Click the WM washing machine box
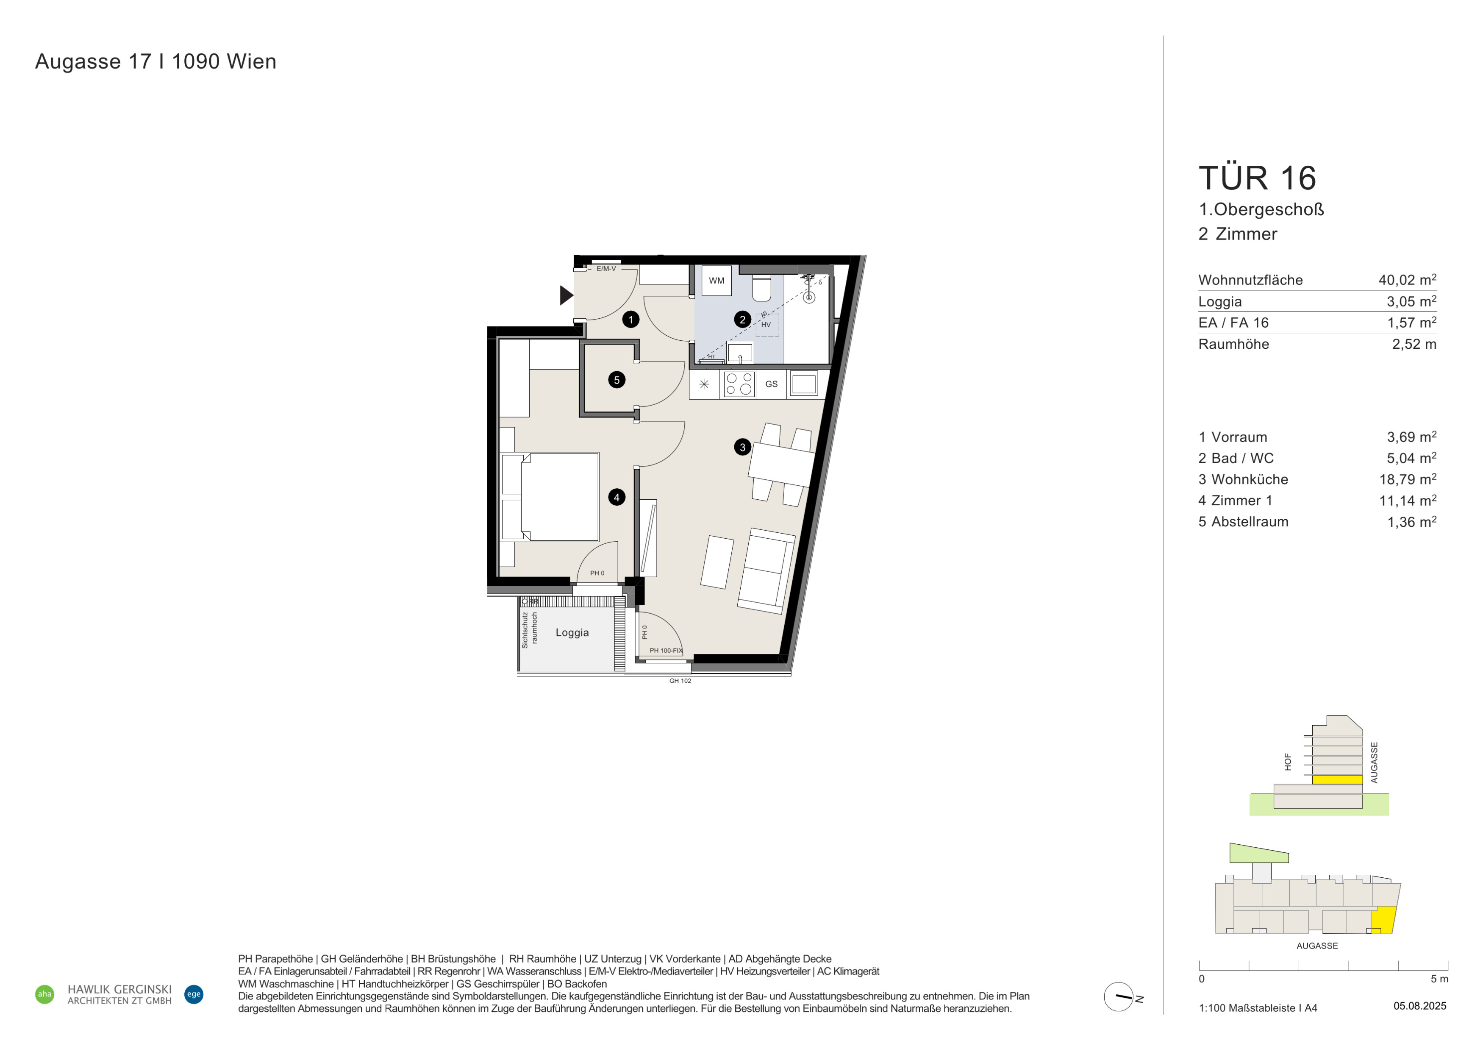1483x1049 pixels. pos(717,281)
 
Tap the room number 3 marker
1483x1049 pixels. pos(742,447)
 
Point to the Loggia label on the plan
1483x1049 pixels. pos(572,633)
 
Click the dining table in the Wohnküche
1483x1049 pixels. pos(782,465)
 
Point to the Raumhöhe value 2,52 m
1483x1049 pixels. pos(1414,344)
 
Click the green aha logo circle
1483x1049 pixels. pos(44,994)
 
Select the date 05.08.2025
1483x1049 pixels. pos(1420,1006)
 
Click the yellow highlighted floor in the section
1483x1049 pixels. pos(1337,779)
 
